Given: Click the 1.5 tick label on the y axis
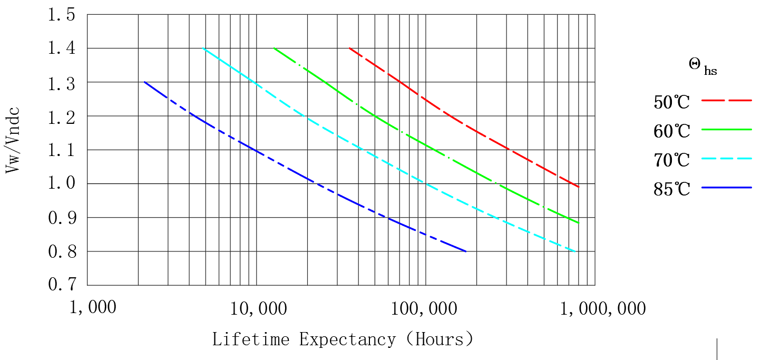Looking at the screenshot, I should (62, 15).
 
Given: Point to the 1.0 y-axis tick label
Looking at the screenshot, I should (62, 184).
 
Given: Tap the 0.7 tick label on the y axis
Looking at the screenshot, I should (62, 285).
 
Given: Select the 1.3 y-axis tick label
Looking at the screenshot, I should (62, 83).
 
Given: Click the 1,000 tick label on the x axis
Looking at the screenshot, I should (93, 307).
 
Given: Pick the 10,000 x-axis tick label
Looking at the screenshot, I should (258, 308).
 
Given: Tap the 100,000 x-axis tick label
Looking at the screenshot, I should (424, 308).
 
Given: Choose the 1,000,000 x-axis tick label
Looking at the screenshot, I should (602, 308).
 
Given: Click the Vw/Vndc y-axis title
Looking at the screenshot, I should (13, 140).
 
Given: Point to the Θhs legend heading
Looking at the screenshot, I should (702, 66).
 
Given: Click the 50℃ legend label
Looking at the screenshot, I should (671, 102).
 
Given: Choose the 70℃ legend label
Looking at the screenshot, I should (671, 159).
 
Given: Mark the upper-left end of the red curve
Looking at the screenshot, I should (349, 48).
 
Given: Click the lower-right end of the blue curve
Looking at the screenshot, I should (466, 251).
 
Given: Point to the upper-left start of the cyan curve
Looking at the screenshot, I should (203, 48).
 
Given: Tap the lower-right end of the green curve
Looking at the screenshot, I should (579, 222).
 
